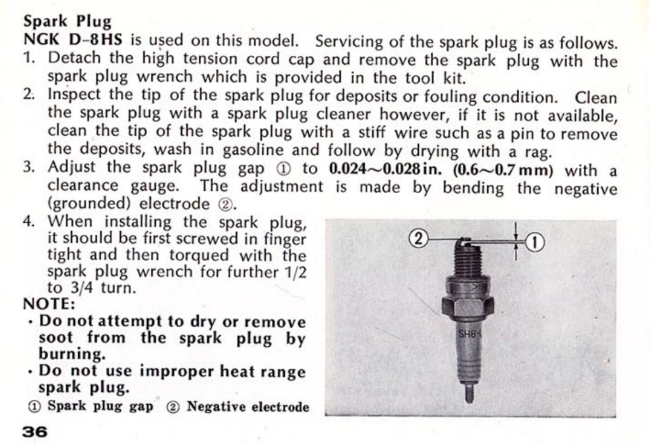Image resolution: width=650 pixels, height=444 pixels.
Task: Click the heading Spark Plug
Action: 67,21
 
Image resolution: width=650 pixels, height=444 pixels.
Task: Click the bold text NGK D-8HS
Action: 73,40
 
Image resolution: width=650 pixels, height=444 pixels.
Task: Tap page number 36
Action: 34,431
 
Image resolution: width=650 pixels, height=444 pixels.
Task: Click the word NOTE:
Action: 49,304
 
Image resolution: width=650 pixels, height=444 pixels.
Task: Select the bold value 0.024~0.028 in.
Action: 385,169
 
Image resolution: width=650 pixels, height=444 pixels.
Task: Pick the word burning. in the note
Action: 72,354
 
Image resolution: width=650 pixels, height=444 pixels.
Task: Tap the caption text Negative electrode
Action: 248,406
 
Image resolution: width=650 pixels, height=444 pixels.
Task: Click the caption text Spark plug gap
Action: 100,406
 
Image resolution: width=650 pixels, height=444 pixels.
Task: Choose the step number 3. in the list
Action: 29,168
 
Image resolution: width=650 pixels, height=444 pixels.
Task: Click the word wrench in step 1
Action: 164,77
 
